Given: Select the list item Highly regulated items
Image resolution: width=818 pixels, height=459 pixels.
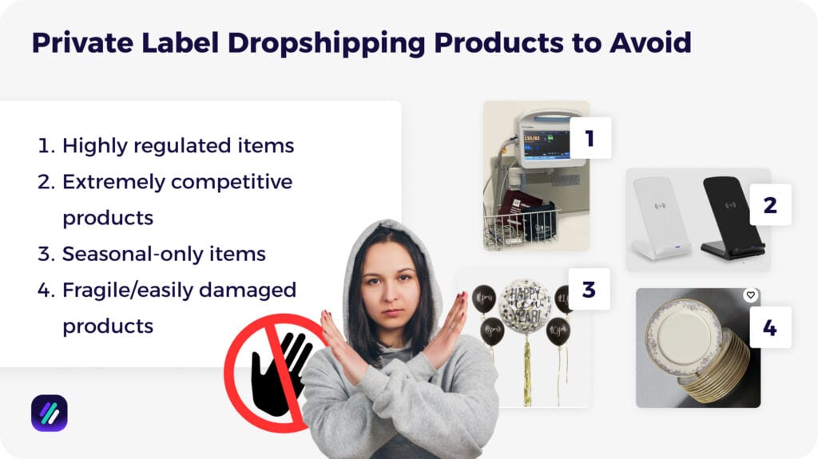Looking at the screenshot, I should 177,146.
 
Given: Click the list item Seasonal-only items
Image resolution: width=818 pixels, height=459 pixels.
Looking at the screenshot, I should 164,254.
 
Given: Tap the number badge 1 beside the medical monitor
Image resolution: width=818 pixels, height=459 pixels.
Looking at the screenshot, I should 590,138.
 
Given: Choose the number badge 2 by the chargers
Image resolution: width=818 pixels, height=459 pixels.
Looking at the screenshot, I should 770,204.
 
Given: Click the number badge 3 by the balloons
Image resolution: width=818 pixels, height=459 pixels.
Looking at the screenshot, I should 589,289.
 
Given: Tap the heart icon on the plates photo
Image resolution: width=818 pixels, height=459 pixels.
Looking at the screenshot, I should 750,295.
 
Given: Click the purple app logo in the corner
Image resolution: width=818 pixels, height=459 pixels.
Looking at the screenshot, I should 49,413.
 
